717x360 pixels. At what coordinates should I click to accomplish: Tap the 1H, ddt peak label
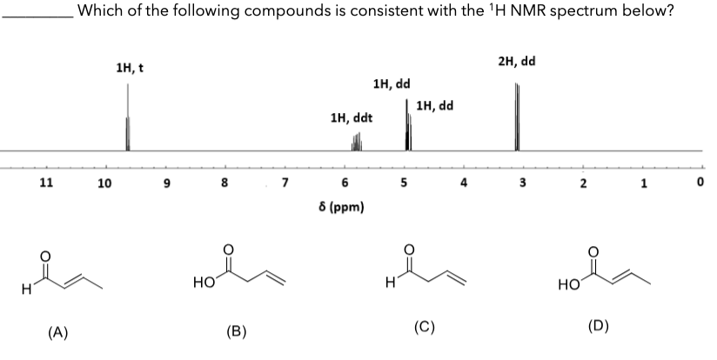352,117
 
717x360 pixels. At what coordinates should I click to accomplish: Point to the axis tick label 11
47,183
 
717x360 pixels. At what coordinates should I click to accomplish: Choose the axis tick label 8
224,183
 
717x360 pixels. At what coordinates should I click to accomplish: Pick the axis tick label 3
523,183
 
